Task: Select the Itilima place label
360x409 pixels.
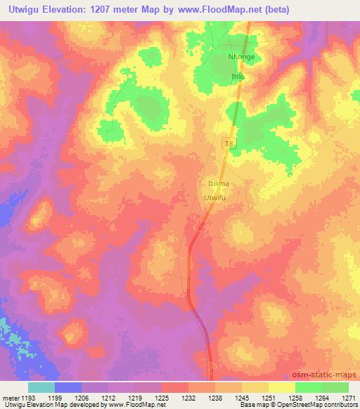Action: coord(219,183)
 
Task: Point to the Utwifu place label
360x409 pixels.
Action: coord(217,198)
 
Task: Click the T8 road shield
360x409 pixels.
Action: coord(228,143)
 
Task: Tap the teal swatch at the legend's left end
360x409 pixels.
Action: coord(41,387)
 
